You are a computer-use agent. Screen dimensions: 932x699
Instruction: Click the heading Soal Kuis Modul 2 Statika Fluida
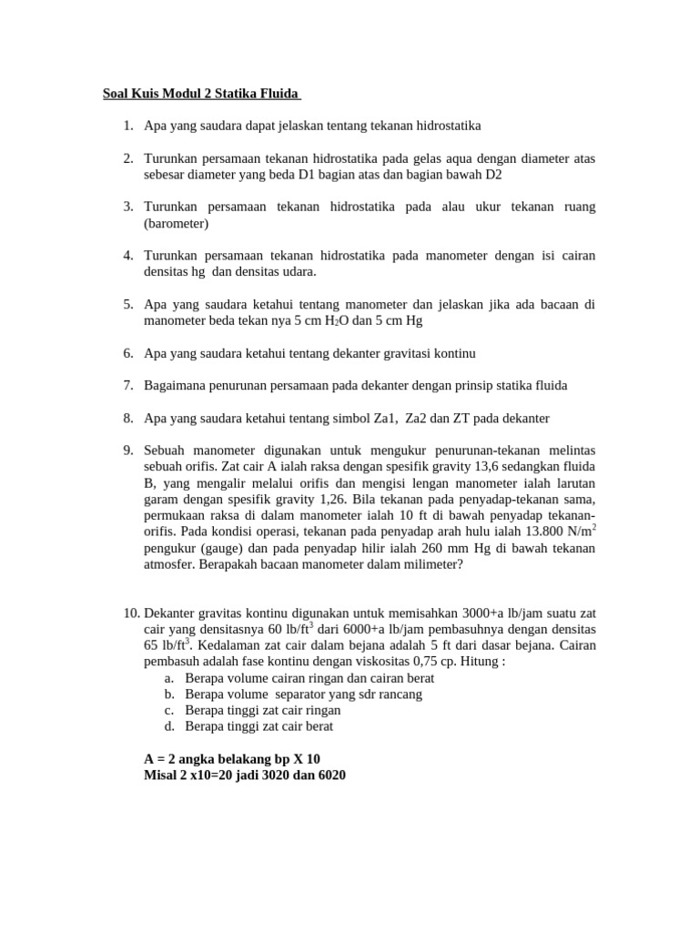(199, 94)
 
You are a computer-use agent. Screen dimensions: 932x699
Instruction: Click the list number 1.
(128, 125)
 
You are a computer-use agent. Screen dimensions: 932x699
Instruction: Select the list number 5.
(128, 304)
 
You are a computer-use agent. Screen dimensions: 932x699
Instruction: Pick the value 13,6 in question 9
(438, 467)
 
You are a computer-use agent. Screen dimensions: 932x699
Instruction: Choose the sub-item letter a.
(169, 678)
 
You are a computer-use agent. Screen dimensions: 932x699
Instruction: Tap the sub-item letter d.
(169, 726)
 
